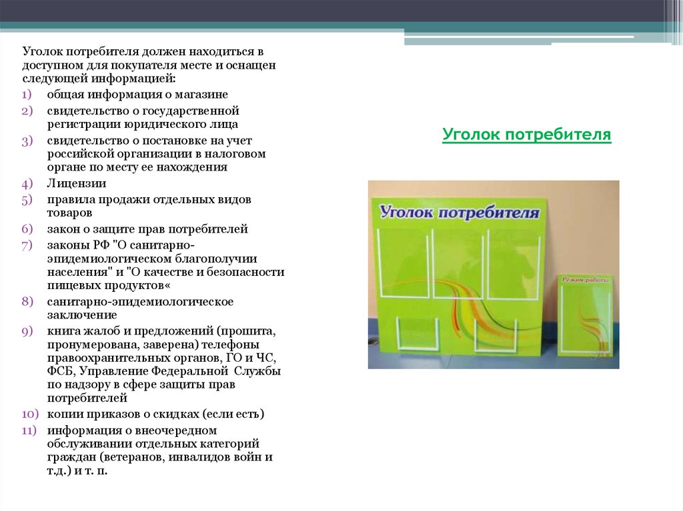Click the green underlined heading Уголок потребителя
(x=527, y=135)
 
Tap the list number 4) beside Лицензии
(x=27, y=183)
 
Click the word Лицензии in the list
(x=77, y=183)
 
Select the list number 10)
(x=30, y=414)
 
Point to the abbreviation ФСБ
(x=60, y=371)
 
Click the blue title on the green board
(x=460, y=212)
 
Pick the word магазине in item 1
(x=201, y=95)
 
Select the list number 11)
(x=29, y=430)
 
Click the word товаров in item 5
(x=69, y=213)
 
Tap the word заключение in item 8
(x=82, y=314)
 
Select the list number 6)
(x=27, y=229)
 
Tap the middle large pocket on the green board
(x=459, y=264)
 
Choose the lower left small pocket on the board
(x=416, y=333)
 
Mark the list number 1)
(x=27, y=95)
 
